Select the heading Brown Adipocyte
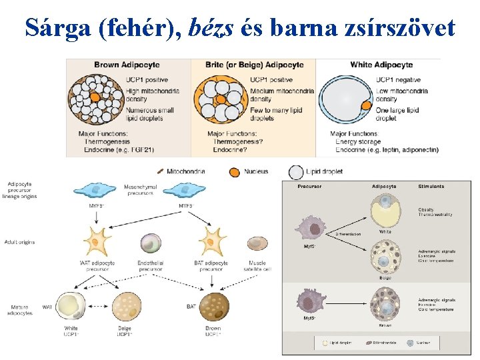point(126,65)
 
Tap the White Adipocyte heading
point(381,65)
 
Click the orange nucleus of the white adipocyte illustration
point(365,105)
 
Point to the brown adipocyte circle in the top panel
point(96,99)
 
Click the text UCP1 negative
point(398,80)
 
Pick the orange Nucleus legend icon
point(234,171)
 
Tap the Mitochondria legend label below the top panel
point(187,171)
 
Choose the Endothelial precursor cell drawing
point(151,243)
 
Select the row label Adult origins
point(19,242)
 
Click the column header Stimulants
point(431,186)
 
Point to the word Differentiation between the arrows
point(347,234)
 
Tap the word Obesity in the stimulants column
point(426,210)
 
